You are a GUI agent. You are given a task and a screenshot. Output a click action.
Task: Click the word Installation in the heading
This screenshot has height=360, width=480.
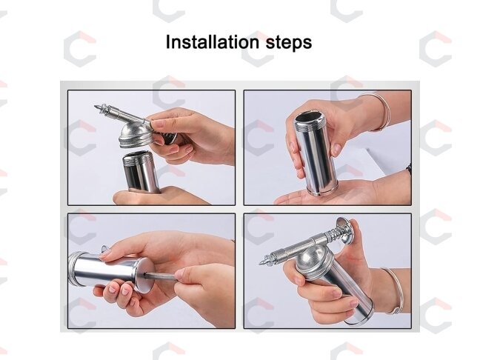coord(213,41)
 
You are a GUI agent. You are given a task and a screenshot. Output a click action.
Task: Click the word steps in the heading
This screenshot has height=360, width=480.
coord(289,43)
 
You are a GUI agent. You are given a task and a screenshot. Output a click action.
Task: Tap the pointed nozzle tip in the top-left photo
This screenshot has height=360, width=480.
coord(97,107)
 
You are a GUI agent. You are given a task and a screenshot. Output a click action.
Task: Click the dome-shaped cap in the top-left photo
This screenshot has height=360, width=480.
coord(136,135)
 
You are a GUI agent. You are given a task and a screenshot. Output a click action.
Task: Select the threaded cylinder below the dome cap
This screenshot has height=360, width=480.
coord(141,171)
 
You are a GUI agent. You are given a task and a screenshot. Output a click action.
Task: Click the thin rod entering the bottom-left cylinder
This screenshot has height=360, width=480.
coord(160,276)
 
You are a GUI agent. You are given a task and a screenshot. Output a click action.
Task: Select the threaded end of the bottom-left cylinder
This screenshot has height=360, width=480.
coord(74,269)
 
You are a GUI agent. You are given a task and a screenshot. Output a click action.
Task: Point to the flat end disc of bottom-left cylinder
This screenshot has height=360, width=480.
coord(144,275)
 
